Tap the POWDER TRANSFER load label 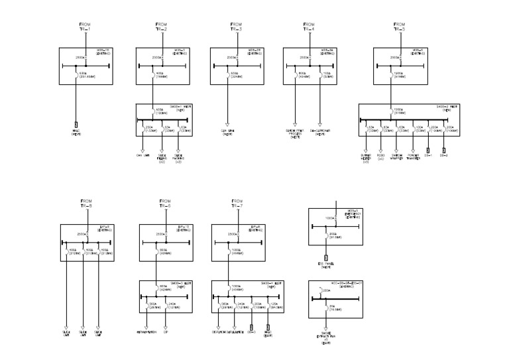point(413,156)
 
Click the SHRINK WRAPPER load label point(397,156)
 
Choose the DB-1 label point(428,155)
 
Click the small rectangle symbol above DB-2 point(445,148)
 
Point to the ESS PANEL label point(326,265)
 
